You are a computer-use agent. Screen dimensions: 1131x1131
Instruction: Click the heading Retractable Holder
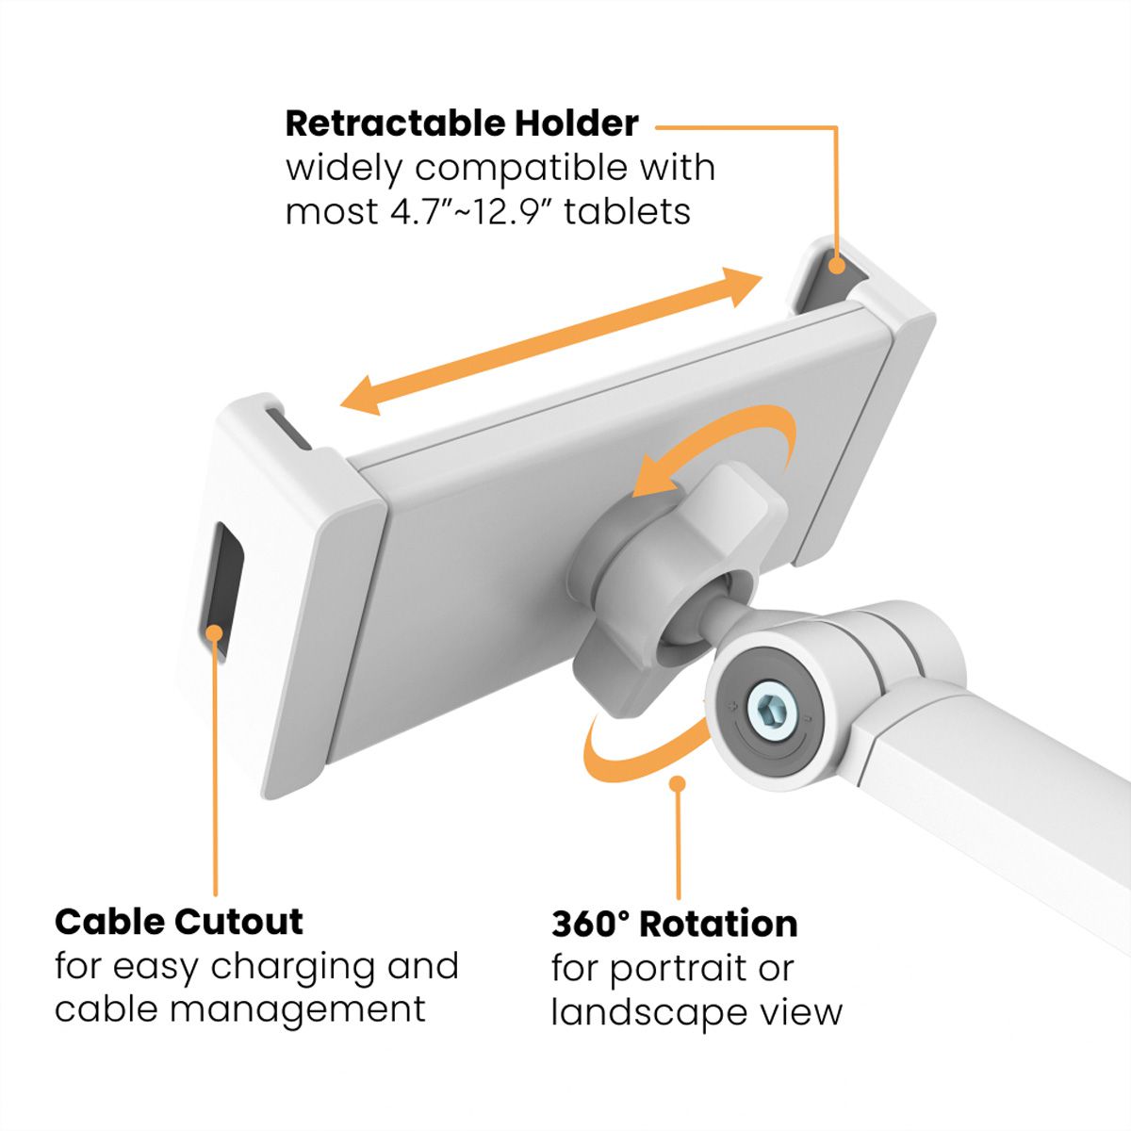point(462,123)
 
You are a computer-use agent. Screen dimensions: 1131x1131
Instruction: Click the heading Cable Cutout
point(179,921)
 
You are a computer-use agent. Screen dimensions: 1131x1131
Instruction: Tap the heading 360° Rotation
point(675,924)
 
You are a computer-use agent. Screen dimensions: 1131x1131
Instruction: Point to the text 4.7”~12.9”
point(471,211)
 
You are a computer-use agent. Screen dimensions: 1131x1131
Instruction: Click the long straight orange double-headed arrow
point(551,340)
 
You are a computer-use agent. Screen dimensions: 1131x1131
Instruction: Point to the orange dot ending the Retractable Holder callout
point(835,266)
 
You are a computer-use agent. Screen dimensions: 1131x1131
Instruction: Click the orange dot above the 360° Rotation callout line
point(677,783)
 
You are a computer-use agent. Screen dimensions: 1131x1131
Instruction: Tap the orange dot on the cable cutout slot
point(215,631)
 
